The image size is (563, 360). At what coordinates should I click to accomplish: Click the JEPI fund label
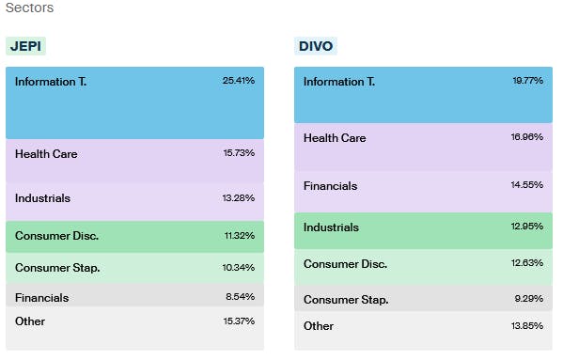pyautogui.click(x=25, y=46)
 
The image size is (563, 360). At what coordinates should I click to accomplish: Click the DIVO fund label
pyautogui.click(x=315, y=46)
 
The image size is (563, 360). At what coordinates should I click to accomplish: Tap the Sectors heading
pyautogui.click(x=29, y=8)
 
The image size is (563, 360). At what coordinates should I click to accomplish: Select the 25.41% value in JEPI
pyautogui.click(x=238, y=81)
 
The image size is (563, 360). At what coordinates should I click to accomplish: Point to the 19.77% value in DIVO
pyautogui.click(x=527, y=82)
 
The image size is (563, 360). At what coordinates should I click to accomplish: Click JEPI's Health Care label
pyautogui.click(x=46, y=153)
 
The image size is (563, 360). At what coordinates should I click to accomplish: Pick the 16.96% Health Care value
pyautogui.click(x=527, y=138)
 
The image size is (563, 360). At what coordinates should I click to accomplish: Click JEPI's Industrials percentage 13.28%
pyautogui.click(x=238, y=198)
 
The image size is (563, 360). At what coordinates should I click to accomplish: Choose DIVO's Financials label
pyautogui.click(x=330, y=186)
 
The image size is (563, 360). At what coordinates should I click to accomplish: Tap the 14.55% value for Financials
pyautogui.click(x=527, y=186)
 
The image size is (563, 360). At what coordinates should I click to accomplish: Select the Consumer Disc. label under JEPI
pyautogui.click(x=56, y=235)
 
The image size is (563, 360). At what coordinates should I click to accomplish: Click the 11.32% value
pyautogui.click(x=238, y=235)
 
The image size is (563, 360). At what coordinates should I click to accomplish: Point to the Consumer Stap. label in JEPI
pyautogui.click(x=56, y=268)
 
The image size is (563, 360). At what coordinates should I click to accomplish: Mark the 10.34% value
pyautogui.click(x=238, y=268)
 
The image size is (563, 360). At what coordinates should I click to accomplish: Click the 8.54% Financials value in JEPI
pyautogui.click(x=240, y=298)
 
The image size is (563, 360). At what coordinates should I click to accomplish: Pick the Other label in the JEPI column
pyautogui.click(x=30, y=321)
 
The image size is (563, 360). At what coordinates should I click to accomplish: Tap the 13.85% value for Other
pyautogui.click(x=527, y=326)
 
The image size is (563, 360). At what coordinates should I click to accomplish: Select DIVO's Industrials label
pyautogui.click(x=331, y=227)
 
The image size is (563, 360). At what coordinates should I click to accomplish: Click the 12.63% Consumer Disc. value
pyautogui.click(x=527, y=263)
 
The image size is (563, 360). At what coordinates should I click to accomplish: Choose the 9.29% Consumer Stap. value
pyautogui.click(x=529, y=300)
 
